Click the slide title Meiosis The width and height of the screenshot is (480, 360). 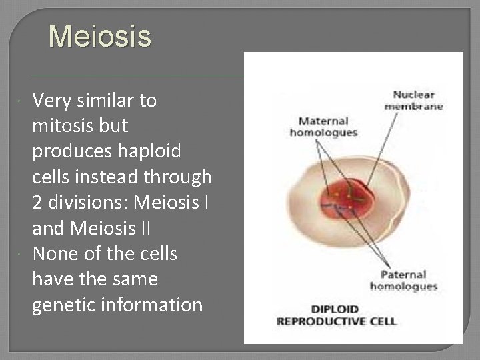[100, 37]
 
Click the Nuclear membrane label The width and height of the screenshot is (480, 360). [413, 100]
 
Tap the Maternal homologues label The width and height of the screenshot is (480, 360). [323, 127]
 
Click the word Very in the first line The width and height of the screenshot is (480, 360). [51, 101]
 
